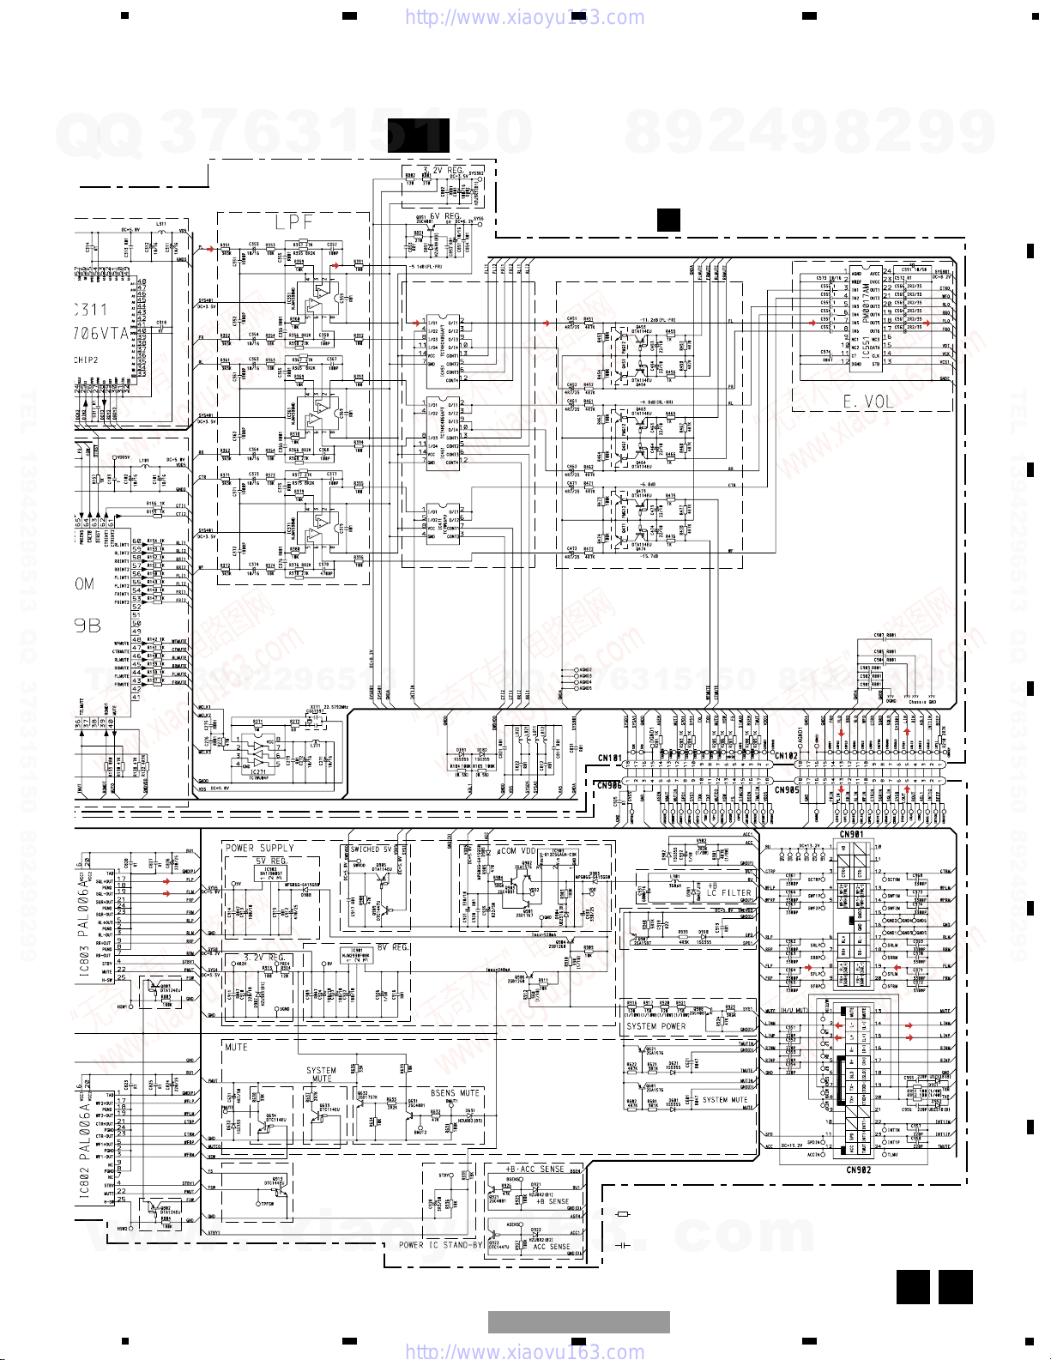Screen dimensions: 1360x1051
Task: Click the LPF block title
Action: [294, 222]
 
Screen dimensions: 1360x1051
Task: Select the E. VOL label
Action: [868, 402]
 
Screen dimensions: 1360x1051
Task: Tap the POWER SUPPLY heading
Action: [259, 848]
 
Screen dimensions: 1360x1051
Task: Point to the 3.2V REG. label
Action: [264, 958]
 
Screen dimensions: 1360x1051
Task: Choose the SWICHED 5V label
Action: [371, 849]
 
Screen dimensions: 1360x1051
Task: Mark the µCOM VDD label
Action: [516, 851]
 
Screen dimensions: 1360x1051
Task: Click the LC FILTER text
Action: [728, 893]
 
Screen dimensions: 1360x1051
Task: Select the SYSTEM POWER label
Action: [656, 1026]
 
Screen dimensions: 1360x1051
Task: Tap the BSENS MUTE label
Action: [455, 1093]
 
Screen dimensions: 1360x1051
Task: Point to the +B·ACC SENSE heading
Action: [535, 1169]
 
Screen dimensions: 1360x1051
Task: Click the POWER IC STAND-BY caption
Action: [440, 1245]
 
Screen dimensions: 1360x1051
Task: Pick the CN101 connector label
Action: [609, 759]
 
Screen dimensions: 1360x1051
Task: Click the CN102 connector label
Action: [786, 757]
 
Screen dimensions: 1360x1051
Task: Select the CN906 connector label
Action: [608, 785]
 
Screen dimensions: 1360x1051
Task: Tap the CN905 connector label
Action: [786, 790]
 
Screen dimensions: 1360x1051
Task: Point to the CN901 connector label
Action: [851, 834]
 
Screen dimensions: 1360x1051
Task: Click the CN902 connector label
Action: [858, 1170]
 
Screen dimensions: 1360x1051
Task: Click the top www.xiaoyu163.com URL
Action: [524, 17]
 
